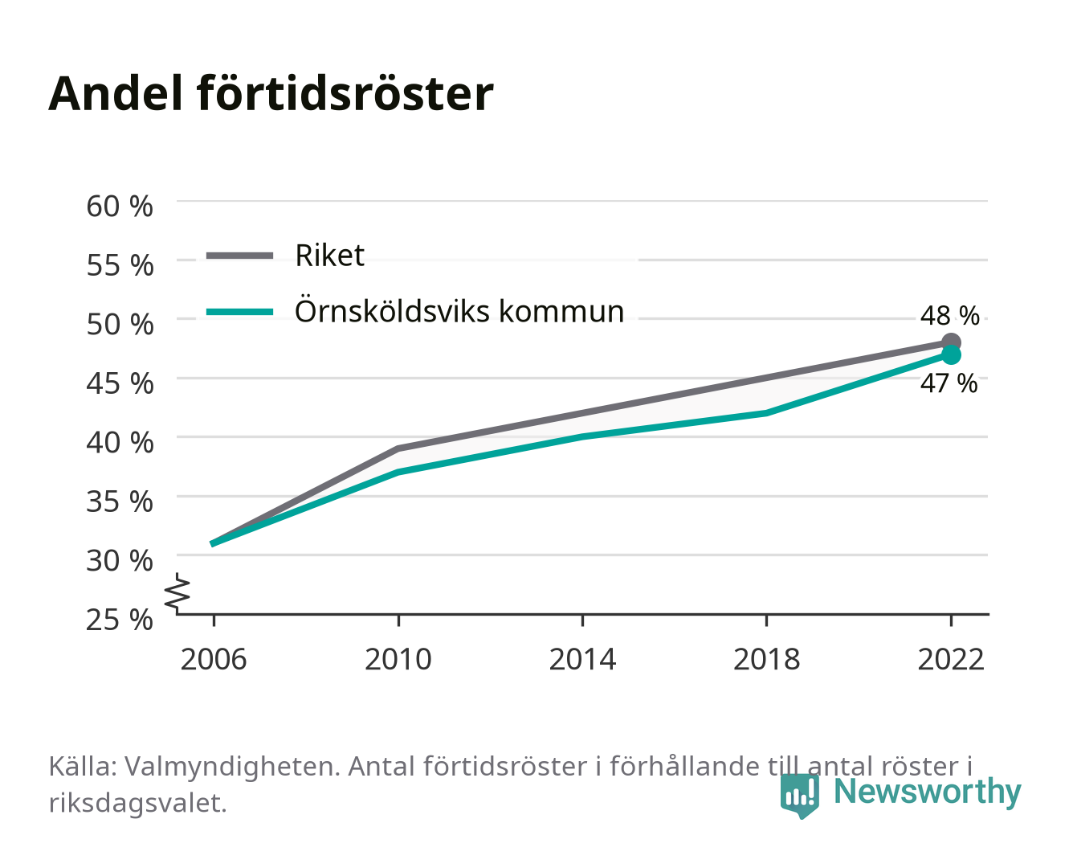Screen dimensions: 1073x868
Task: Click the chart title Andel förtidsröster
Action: pos(271,94)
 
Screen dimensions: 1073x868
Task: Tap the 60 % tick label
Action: pos(120,207)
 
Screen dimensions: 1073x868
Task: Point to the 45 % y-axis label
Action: pos(120,383)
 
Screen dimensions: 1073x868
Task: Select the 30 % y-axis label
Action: pos(120,560)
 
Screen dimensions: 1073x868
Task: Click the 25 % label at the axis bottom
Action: pos(120,620)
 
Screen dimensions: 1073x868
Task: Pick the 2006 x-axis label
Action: pos(214,659)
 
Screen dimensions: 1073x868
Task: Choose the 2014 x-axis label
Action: pos(582,659)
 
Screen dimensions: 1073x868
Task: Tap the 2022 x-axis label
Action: pos(951,659)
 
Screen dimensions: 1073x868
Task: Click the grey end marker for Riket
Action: pos(951,342)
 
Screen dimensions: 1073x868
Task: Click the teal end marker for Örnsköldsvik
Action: pos(951,355)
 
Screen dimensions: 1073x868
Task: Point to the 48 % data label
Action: pos(950,316)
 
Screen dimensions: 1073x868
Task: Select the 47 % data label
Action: pos(949,383)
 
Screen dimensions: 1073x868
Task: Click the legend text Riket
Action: pos(329,255)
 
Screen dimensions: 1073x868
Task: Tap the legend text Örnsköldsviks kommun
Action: pos(459,311)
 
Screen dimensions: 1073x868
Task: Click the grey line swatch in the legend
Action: pos(240,256)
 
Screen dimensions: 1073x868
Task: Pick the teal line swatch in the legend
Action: pos(240,312)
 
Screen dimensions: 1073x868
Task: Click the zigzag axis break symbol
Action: pos(177,593)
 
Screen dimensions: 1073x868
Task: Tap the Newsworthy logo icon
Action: pos(800,796)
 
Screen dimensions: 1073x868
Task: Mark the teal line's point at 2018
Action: pos(766,413)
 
